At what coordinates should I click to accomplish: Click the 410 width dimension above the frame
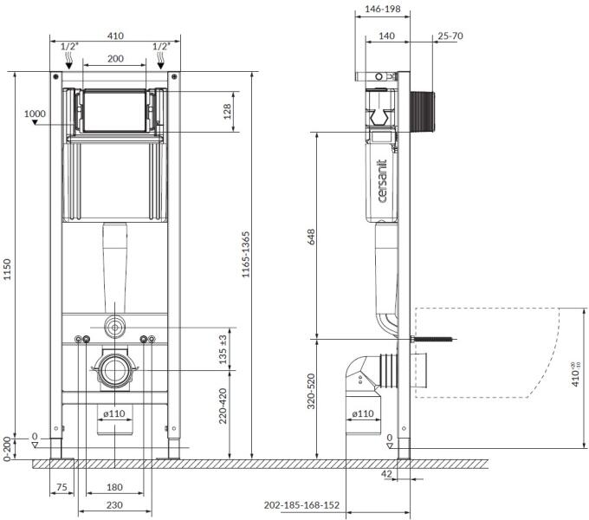(x=115, y=36)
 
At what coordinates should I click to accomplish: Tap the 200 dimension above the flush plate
(x=115, y=59)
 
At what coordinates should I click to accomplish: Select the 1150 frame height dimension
(x=8, y=270)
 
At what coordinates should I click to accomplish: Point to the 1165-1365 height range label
(x=245, y=254)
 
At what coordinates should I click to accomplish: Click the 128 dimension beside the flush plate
(x=227, y=112)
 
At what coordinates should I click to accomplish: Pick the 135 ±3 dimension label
(x=223, y=350)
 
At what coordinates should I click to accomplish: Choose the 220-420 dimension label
(x=223, y=406)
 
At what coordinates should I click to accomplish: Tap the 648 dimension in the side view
(x=312, y=237)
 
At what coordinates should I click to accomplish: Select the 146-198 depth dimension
(x=383, y=9)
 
